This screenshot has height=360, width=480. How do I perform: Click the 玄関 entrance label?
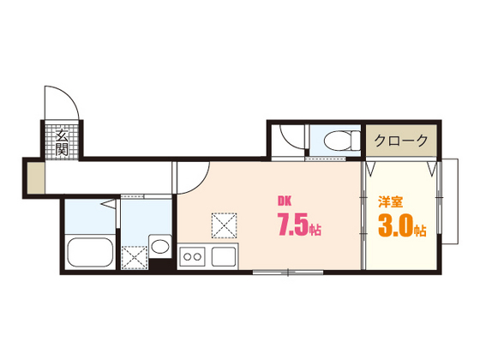point(62,142)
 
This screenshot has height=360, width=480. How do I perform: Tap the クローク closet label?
point(401,141)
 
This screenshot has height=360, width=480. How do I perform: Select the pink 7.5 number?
point(292,225)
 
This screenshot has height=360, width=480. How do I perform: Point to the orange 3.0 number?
point(395,226)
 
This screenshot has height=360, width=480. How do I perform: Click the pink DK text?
point(285,201)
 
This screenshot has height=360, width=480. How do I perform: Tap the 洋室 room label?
point(390,202)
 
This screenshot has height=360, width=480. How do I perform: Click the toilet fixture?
point(342,141)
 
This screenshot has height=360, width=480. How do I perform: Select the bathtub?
point(91,252)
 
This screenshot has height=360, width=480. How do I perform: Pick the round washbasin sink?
point(160,247)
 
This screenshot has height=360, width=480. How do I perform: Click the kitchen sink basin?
point(224,256)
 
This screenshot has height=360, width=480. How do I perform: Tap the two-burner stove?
point(192,256)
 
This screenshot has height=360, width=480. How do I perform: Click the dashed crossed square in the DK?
point(225,225)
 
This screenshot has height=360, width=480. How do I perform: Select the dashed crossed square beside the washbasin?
point(135,258)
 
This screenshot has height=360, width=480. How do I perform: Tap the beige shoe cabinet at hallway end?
point(36,178)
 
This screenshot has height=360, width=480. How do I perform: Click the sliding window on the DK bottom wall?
point(288,272)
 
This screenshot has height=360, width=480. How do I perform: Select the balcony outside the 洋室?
point(450,201)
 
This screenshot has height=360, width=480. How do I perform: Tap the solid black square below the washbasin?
point(159,264)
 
